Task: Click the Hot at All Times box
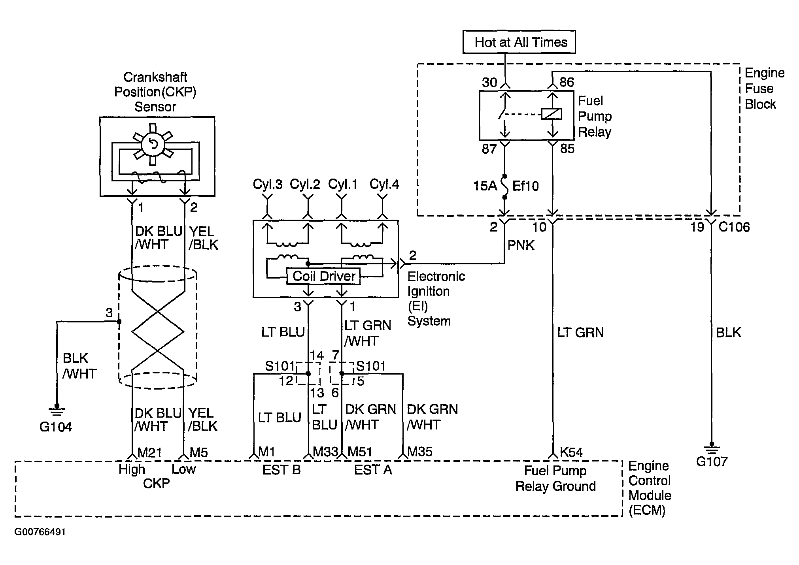519,42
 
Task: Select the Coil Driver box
324,276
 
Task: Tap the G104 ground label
56,427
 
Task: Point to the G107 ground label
712,461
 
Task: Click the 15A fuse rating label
485,186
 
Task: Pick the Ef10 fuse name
525,186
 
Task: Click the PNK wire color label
521,245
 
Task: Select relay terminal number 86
567,82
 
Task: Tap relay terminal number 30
489,82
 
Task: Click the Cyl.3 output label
268,185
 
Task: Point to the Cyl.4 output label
384,184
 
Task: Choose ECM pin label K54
571,452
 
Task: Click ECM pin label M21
149,452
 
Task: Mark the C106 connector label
734,227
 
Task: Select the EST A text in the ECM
373,470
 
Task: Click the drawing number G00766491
40,532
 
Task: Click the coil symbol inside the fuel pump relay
551,114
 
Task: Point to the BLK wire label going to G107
728,333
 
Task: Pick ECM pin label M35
420,452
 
